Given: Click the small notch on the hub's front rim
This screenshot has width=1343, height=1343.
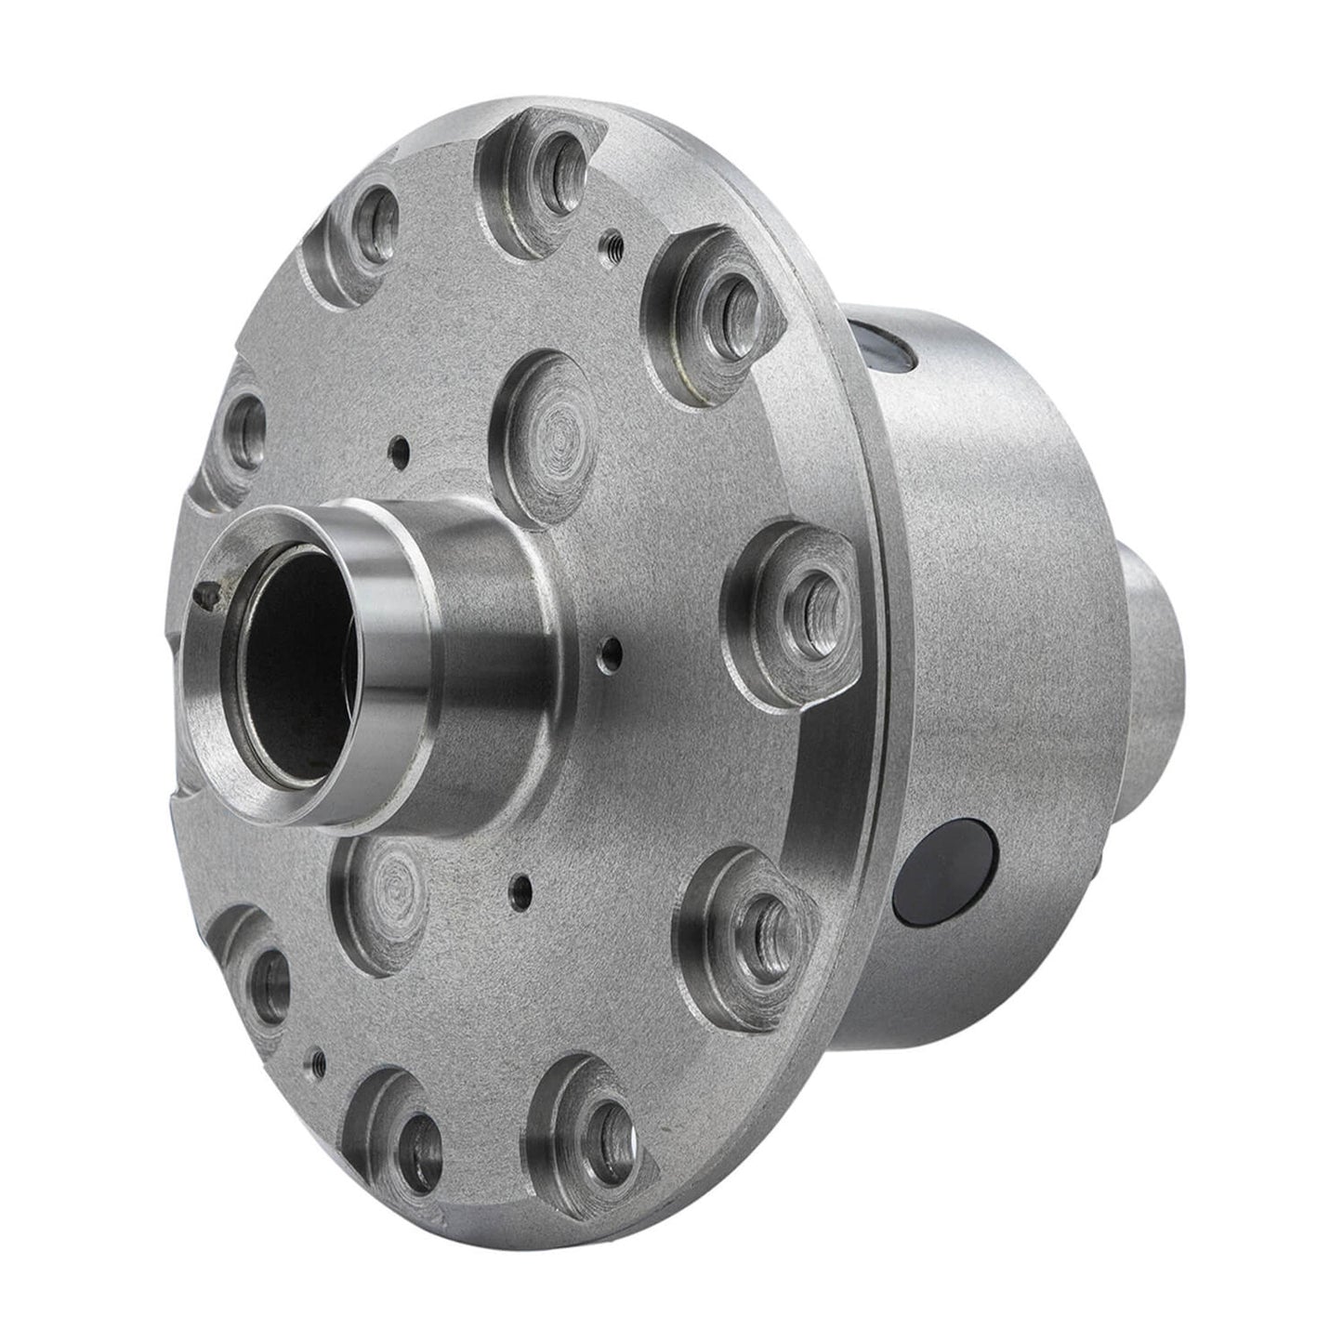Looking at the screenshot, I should coord(210,588).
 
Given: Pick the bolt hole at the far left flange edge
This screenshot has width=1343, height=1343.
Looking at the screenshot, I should coord(246,428).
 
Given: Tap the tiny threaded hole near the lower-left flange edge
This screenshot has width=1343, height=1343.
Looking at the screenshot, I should coord(317,1057).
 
